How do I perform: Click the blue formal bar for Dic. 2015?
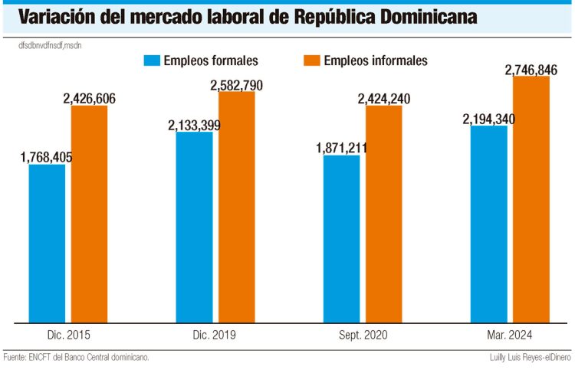(47, 244)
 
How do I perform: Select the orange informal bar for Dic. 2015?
(90, 214)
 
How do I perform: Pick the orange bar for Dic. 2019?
(237, 207)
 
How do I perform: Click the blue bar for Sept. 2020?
(341, 239)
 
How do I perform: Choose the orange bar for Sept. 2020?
(384, 214)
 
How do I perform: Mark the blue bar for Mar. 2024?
(488, 224)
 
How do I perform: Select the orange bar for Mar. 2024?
(531, 199)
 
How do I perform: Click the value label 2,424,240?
(384, 99)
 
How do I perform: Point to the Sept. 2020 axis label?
(363, 335)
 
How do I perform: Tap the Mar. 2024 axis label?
(510, 335)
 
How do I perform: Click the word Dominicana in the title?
(414, 17)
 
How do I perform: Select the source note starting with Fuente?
(76, 357)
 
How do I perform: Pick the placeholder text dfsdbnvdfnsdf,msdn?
(51, 46)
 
